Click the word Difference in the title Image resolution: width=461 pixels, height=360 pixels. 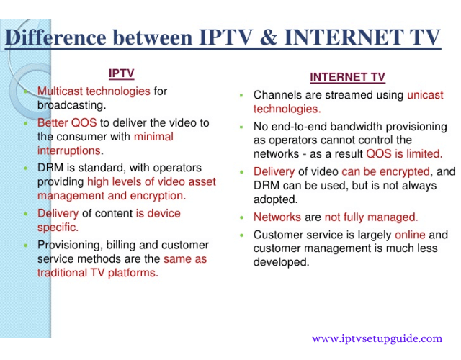55,37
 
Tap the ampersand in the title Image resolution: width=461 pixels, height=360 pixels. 268,37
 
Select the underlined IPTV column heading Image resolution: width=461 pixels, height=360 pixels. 122,73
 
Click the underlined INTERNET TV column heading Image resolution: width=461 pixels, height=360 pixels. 347,77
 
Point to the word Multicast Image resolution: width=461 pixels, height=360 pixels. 60,91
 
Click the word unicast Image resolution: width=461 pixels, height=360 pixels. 425,95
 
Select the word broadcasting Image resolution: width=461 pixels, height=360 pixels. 71,105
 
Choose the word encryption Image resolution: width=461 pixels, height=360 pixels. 158,196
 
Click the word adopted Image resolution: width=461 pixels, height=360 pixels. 275,199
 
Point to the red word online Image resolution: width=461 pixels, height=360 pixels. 410,235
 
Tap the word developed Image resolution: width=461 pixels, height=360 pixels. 282,262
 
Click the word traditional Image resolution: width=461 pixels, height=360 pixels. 62,273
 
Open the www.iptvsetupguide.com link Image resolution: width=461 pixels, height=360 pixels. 377,339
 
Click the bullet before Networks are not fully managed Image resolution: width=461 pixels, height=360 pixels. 242,218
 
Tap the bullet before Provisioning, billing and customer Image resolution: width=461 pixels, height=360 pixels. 26,246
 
